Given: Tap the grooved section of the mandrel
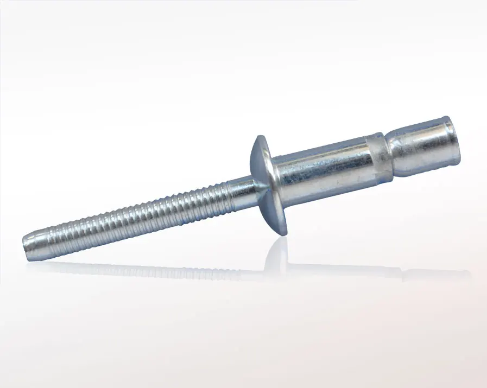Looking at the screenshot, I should pos(136,215).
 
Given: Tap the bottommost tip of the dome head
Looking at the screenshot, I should pos(284,234).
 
